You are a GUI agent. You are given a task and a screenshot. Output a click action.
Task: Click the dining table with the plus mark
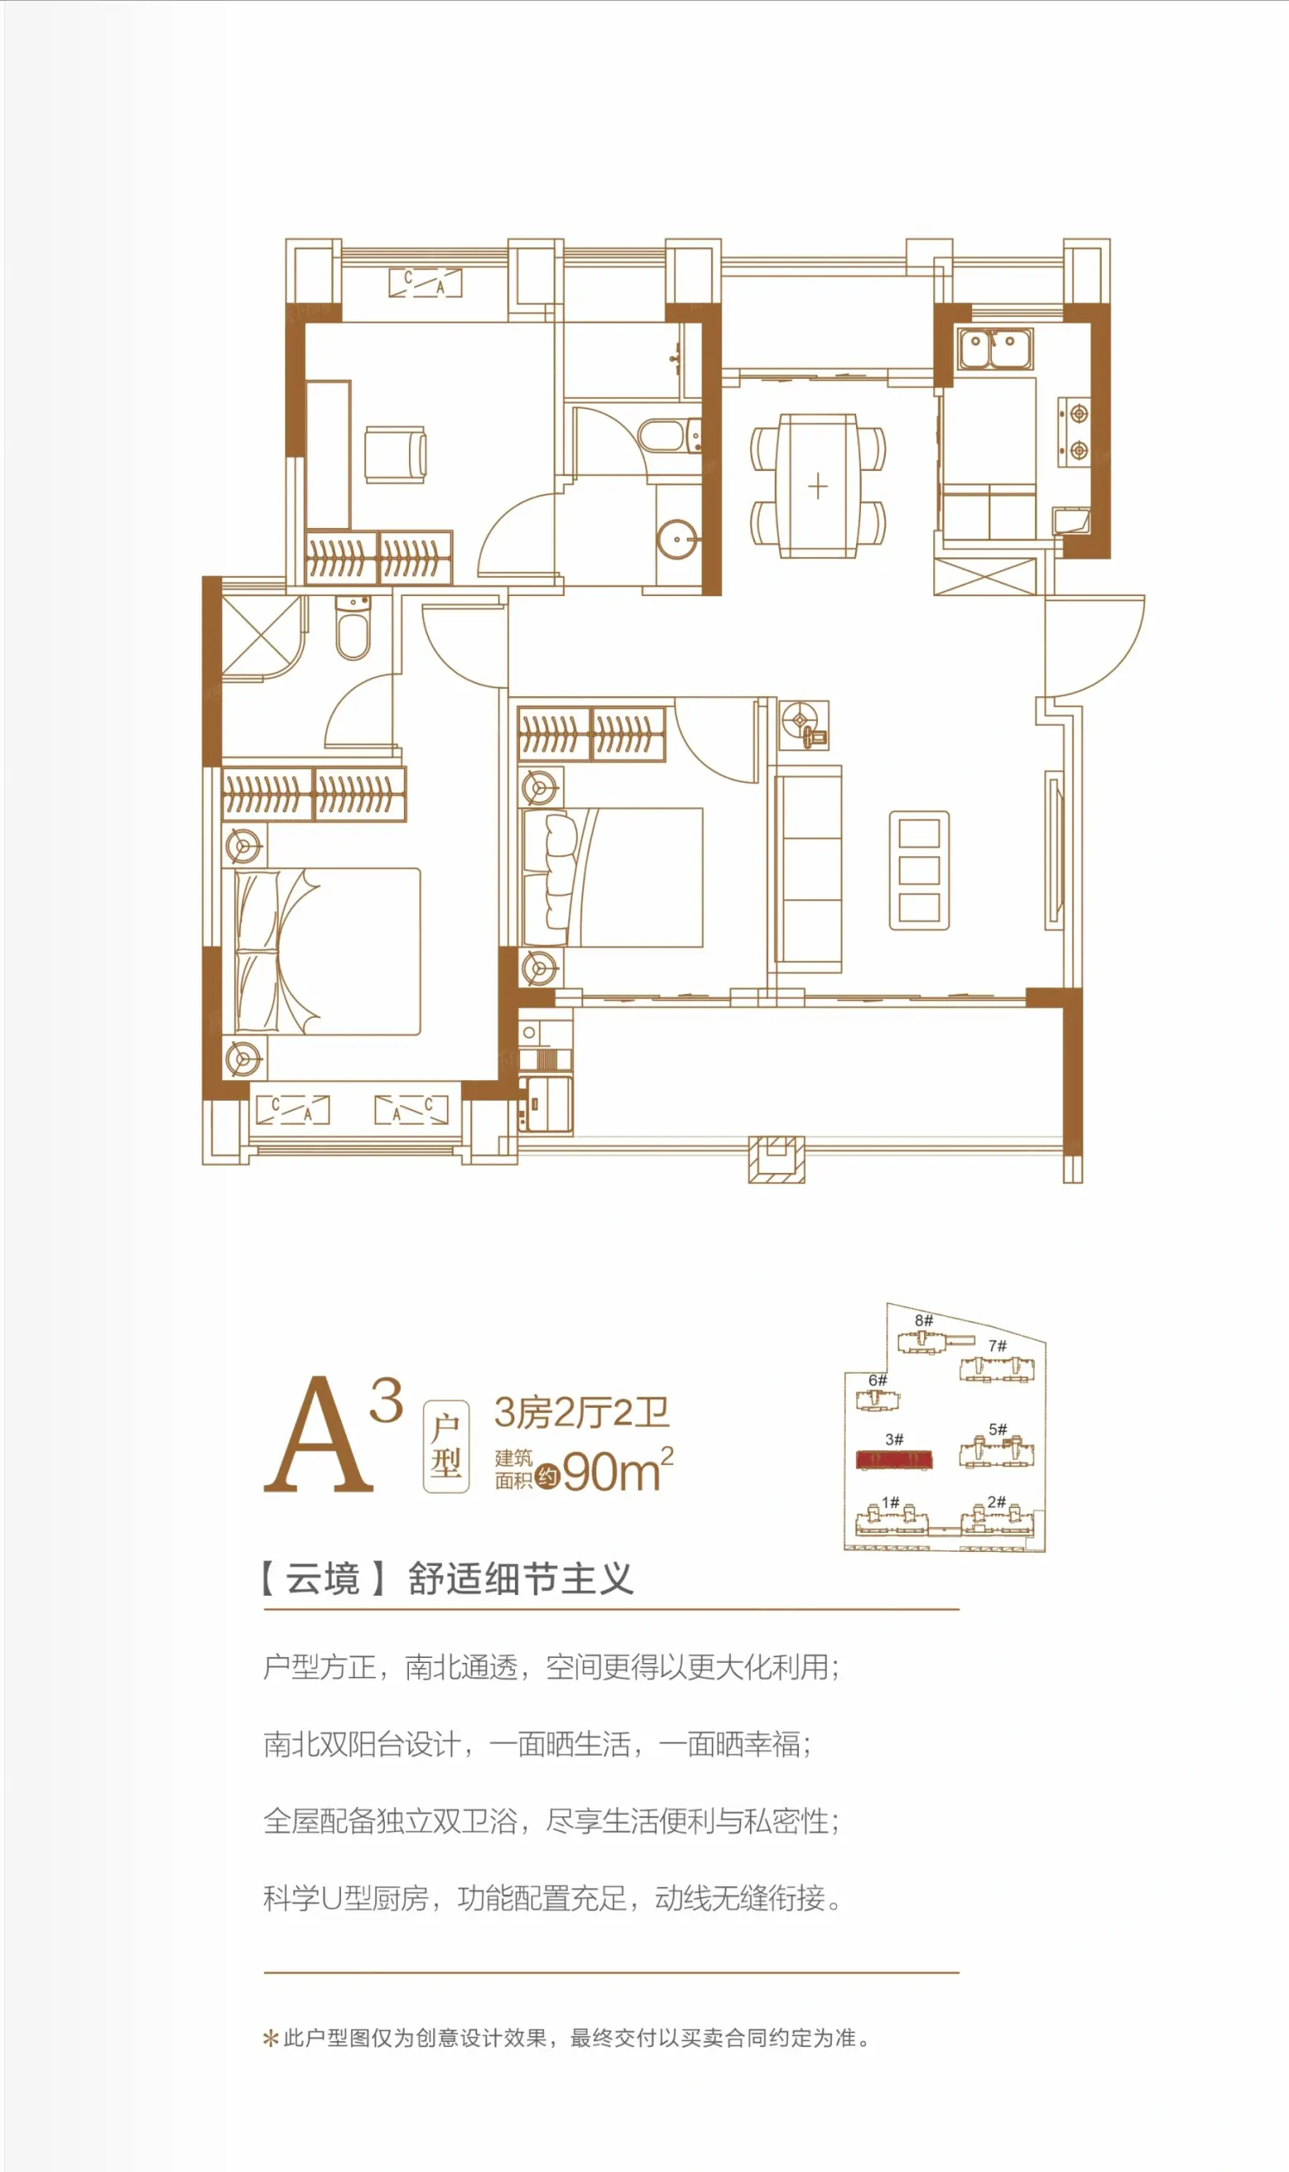pyautogui.click(x=817, y=485)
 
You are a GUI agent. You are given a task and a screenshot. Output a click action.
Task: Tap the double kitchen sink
pyautogui.click(x=994, y=347)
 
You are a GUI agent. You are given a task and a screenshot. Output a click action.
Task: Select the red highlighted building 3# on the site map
pyautogui.click(x=894, y=1459)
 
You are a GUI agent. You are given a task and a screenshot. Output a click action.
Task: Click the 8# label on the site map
pyautogui.click(x=924, y=1321)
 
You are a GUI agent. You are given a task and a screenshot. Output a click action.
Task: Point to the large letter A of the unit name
pyautogui.click(x=319, y=1434)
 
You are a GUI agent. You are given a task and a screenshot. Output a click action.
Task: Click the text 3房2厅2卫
pyautogui.click(x=582, y=1413)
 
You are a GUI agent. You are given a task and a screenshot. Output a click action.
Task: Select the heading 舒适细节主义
pyautogui.click(x=520, y=1579)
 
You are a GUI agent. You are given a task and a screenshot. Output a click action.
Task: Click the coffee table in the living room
pyautogui.click(x=919, y=870)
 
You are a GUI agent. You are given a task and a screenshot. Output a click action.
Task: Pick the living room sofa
pyautogui.click(x=808, y=868)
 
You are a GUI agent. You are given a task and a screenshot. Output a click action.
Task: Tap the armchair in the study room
pyautogui.click(x=395, y=453)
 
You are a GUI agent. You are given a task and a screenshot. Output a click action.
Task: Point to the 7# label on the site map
pyautogui.click(x=997, y=1346)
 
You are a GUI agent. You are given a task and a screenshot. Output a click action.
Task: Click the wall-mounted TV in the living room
pyautogui.click(x=1054, y=851)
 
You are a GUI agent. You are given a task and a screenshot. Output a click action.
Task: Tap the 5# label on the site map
pyautogui.click(x=998, y=1430)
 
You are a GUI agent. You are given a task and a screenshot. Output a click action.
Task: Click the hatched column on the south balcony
pyautogui.click(x=776, y=1159)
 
